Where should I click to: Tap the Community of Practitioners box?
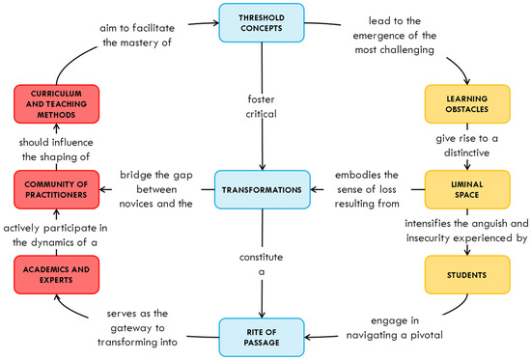click(58, 190)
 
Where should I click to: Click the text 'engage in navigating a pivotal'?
click(395, 326)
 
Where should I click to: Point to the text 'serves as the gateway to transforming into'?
click(135, 326)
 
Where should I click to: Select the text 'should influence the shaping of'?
click(58, 149)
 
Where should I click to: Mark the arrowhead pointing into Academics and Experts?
click(57, 297)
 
